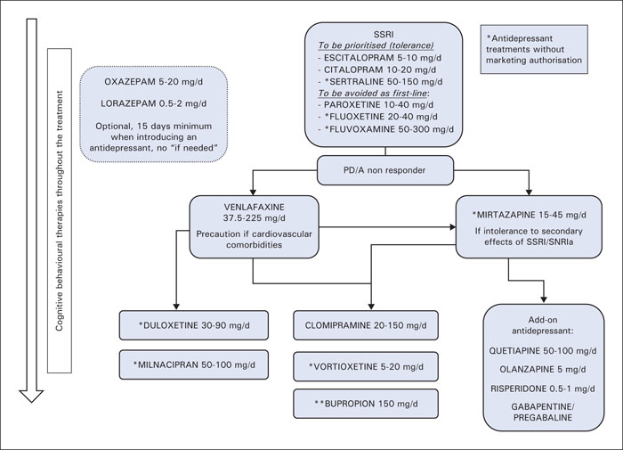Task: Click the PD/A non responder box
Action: (x=385, y=170)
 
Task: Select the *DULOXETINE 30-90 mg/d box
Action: (x=194, y=325)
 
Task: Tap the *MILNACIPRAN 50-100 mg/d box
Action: (x=194, y=364)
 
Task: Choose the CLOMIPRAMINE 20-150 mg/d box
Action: (x=366, y=325)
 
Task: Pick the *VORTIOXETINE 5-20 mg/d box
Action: (x=366, y=366)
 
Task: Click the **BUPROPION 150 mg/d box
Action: (x=366, y=404)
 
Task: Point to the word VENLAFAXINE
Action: (x=255, y=208)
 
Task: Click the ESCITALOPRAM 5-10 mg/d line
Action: (x=379, y=58)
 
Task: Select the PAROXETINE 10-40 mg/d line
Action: (x=376, y=105)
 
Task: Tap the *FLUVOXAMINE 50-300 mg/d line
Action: (x=385, y=129)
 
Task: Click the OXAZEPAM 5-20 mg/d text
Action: (x=153, y=82)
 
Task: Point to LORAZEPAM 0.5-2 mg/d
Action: (x=153, y=104)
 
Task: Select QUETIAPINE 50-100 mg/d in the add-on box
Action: (x=543, y=351)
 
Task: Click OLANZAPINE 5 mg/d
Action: (x=543, y=369)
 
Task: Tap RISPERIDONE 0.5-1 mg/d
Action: (x=543, y=389)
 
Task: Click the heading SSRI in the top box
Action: (x=384, y=35)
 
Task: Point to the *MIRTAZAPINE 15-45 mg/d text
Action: (x=529, y=215)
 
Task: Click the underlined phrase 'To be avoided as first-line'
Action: (x=372, y=93)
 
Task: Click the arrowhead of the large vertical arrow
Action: (x=31, y=396)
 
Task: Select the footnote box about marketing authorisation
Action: (x=534, y=49)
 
